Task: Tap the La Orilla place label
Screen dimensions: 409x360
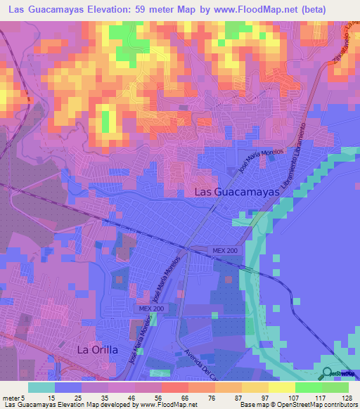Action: tap(97, 349)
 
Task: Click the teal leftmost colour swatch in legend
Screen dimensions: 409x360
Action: tap(41, 387)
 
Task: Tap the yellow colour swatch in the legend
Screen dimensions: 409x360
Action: tap(282, 387)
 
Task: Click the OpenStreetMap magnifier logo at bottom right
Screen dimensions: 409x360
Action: tap(328, 373)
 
